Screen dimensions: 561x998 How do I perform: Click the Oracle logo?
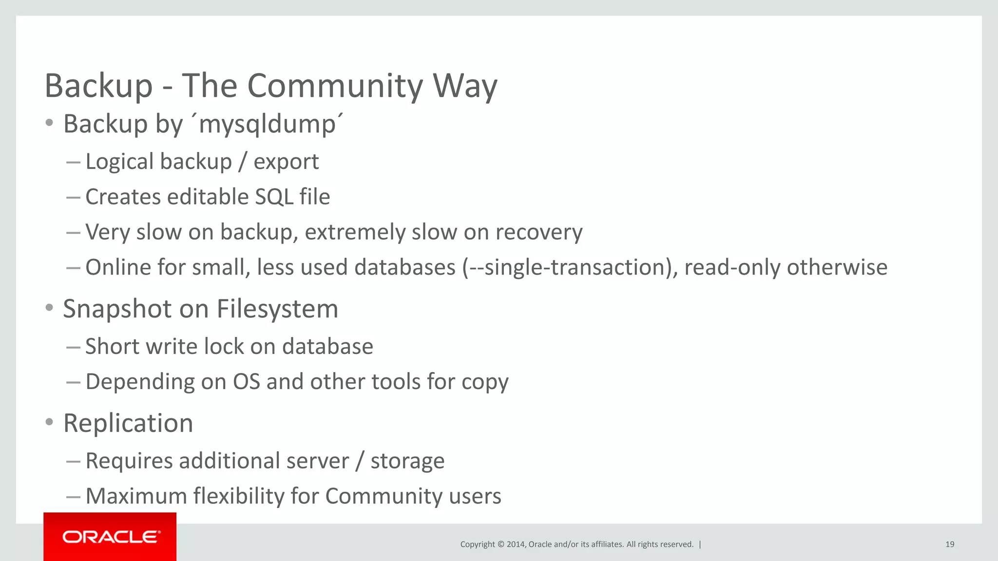[110, 537]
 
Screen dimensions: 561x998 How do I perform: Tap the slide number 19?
[949, 544]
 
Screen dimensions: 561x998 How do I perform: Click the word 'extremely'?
[355, 232]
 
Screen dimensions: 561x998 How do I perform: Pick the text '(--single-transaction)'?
[569, 267]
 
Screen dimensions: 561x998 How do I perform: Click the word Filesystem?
[277, 309]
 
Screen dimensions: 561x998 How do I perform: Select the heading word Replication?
[128, 423]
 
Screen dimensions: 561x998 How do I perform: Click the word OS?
[246, 382]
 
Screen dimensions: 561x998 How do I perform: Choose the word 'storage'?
[407, 461]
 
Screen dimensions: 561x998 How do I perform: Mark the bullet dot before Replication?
[49, 422]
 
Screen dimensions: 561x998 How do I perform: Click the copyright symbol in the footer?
[500, 544]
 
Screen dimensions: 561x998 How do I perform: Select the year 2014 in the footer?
[516, 544]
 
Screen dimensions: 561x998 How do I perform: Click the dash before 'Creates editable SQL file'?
[73, 197]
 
